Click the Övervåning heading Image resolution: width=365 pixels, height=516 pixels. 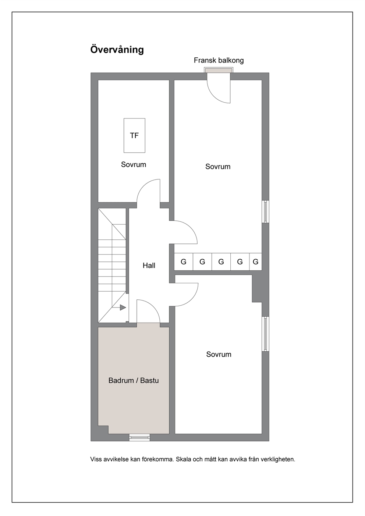click(117, 50)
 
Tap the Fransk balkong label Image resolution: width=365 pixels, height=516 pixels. click(219, 60)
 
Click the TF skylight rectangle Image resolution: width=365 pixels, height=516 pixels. click(134, 135)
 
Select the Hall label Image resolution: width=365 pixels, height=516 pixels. click(149, 266)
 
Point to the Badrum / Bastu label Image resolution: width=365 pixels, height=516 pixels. click(134, 380)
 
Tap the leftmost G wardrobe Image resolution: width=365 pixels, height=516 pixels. click(184, 262)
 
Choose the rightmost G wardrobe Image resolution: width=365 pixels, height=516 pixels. click(256, 262)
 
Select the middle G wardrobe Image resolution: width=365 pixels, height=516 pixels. click(221, 262)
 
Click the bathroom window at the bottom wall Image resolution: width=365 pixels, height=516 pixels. click(139, 437)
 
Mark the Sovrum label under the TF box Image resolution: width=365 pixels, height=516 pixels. click(134, 164)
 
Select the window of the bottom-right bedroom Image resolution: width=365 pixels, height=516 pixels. click(265, 334)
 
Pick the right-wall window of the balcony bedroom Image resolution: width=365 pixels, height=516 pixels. click(265, 211)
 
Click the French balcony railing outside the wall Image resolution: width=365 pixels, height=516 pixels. click(219, 70)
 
